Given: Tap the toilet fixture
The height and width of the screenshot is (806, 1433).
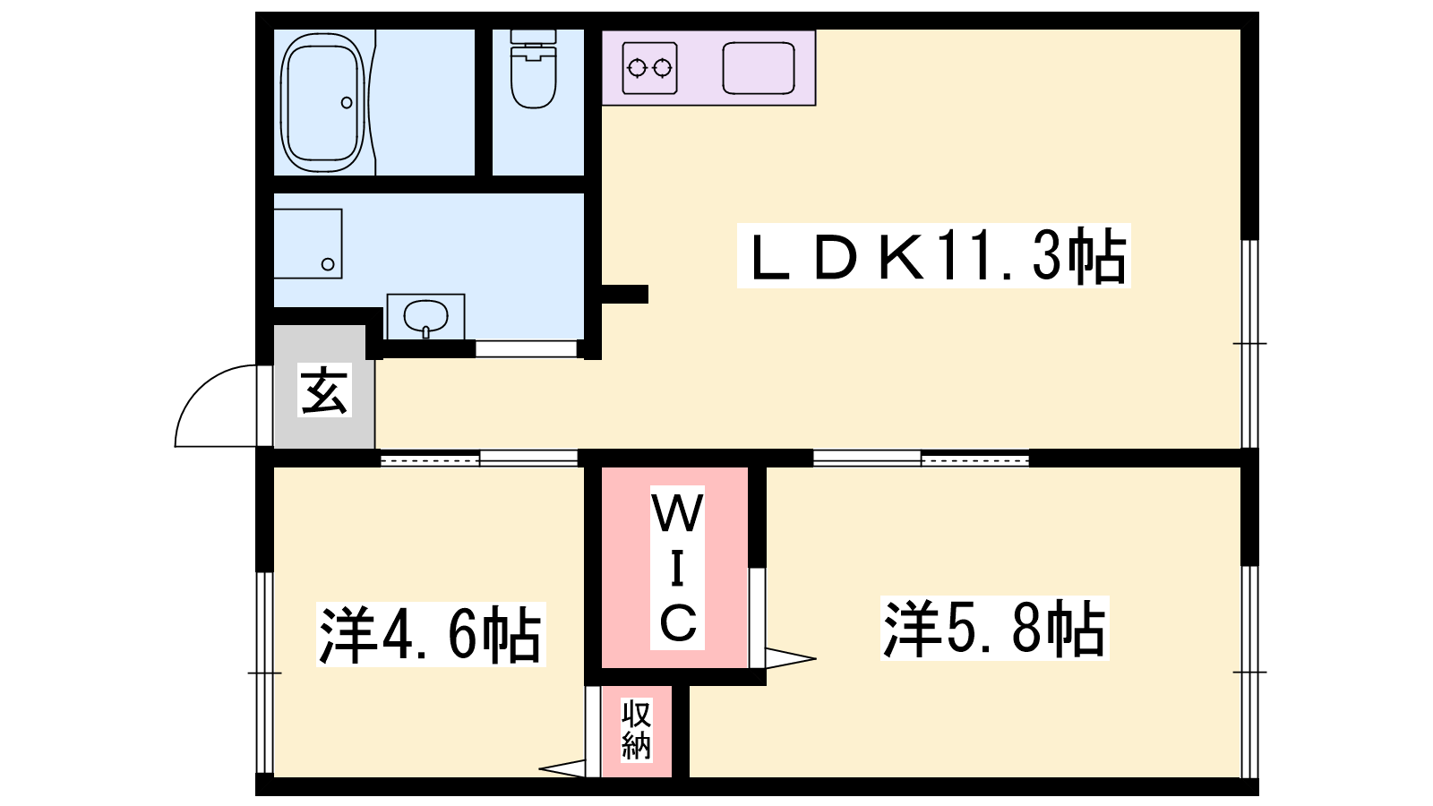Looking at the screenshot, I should click(x=534, y=72).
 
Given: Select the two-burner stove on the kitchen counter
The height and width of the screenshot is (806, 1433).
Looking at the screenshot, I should click(x=649, y=68).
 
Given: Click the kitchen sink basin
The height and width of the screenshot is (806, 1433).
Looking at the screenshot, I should click(x=759, y=68).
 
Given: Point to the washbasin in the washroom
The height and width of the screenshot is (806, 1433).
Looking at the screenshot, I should click(x=425, y=317).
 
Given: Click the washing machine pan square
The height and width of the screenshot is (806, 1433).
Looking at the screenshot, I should click(x=307, y=244).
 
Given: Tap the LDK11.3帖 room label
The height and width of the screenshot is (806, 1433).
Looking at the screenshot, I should click(x=933, y=256).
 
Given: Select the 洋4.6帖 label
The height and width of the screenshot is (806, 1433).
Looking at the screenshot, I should click(x=430, y=634).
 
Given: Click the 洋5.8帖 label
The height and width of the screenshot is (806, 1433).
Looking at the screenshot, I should click(x=994, y=629).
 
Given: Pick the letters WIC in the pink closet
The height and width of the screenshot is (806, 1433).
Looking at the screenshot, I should click(x=677, y=568).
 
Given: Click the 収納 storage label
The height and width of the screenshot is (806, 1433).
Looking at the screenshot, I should click(x=636, y=729).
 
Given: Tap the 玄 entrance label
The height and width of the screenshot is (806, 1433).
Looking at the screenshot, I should click(x=323, y=390).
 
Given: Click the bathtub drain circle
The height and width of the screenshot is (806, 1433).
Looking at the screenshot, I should click(x=347, y=103).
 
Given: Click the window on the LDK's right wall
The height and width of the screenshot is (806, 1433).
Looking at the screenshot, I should click(x=1249, y=344).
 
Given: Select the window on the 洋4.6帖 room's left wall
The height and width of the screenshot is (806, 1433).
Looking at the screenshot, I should click(x=264, y=672).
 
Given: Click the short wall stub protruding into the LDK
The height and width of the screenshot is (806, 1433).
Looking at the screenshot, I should click(x=624, y=294).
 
